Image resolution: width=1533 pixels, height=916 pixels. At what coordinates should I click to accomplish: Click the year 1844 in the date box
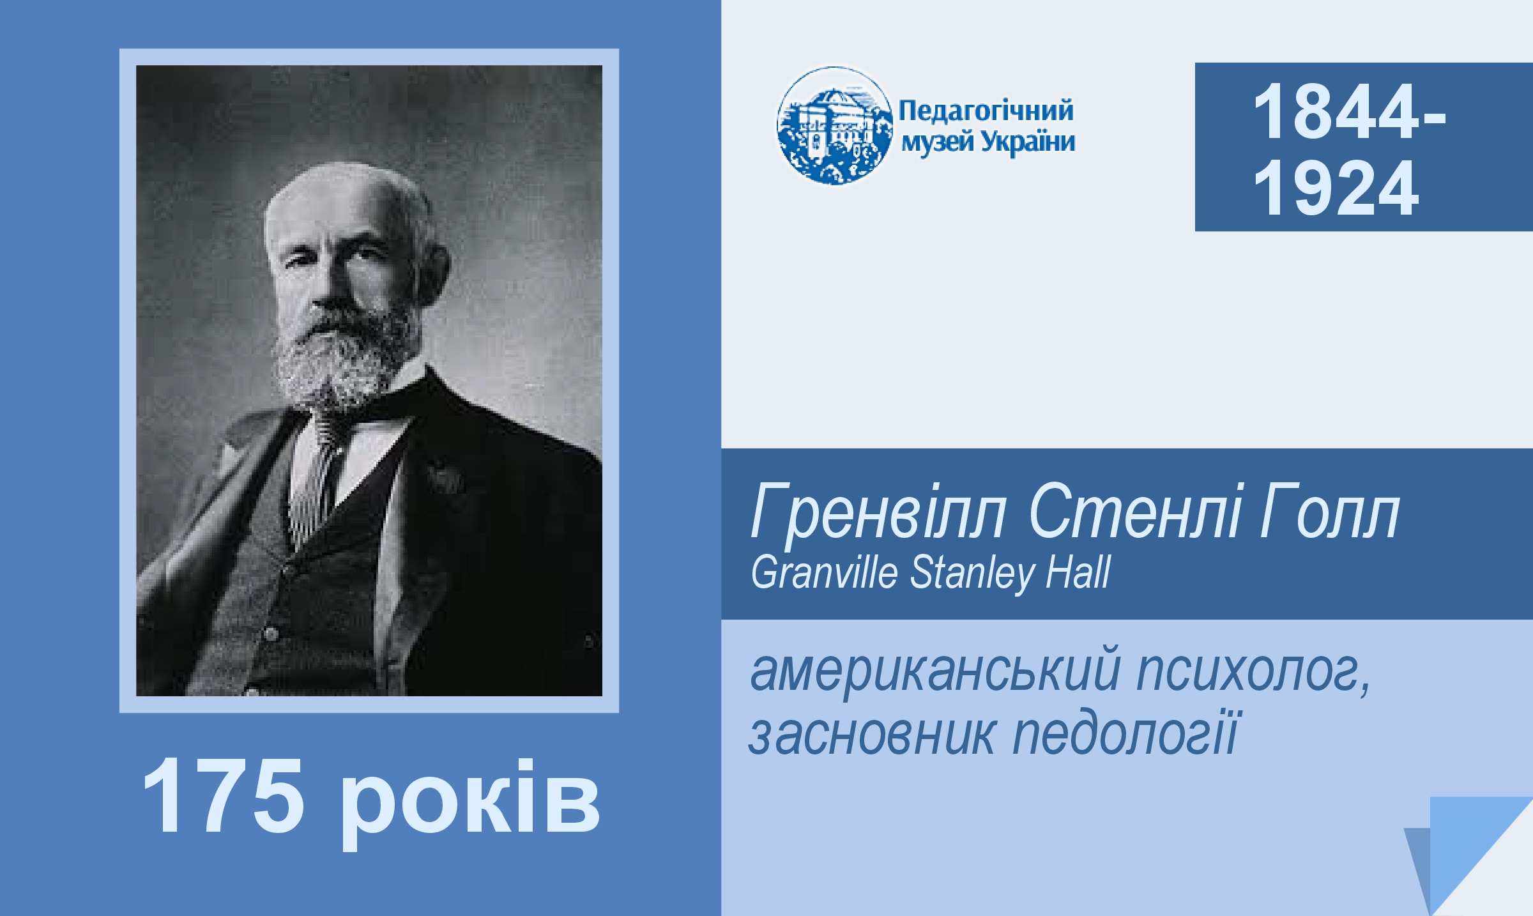click(x=1336, y=112)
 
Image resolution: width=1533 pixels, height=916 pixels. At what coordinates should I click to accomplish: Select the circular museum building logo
click(x=834, y=126)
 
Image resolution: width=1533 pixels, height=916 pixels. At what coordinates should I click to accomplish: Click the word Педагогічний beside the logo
click(x=986, y=111)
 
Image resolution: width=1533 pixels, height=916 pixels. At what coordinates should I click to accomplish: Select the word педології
click(x=1126, y=735)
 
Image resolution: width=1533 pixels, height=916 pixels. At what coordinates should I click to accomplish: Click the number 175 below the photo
click(x=222, y=796)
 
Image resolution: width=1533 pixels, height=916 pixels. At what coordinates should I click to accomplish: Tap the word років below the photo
click(x=470, y=803)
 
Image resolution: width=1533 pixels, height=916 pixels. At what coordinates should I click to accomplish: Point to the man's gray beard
click(x=345, y=358)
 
